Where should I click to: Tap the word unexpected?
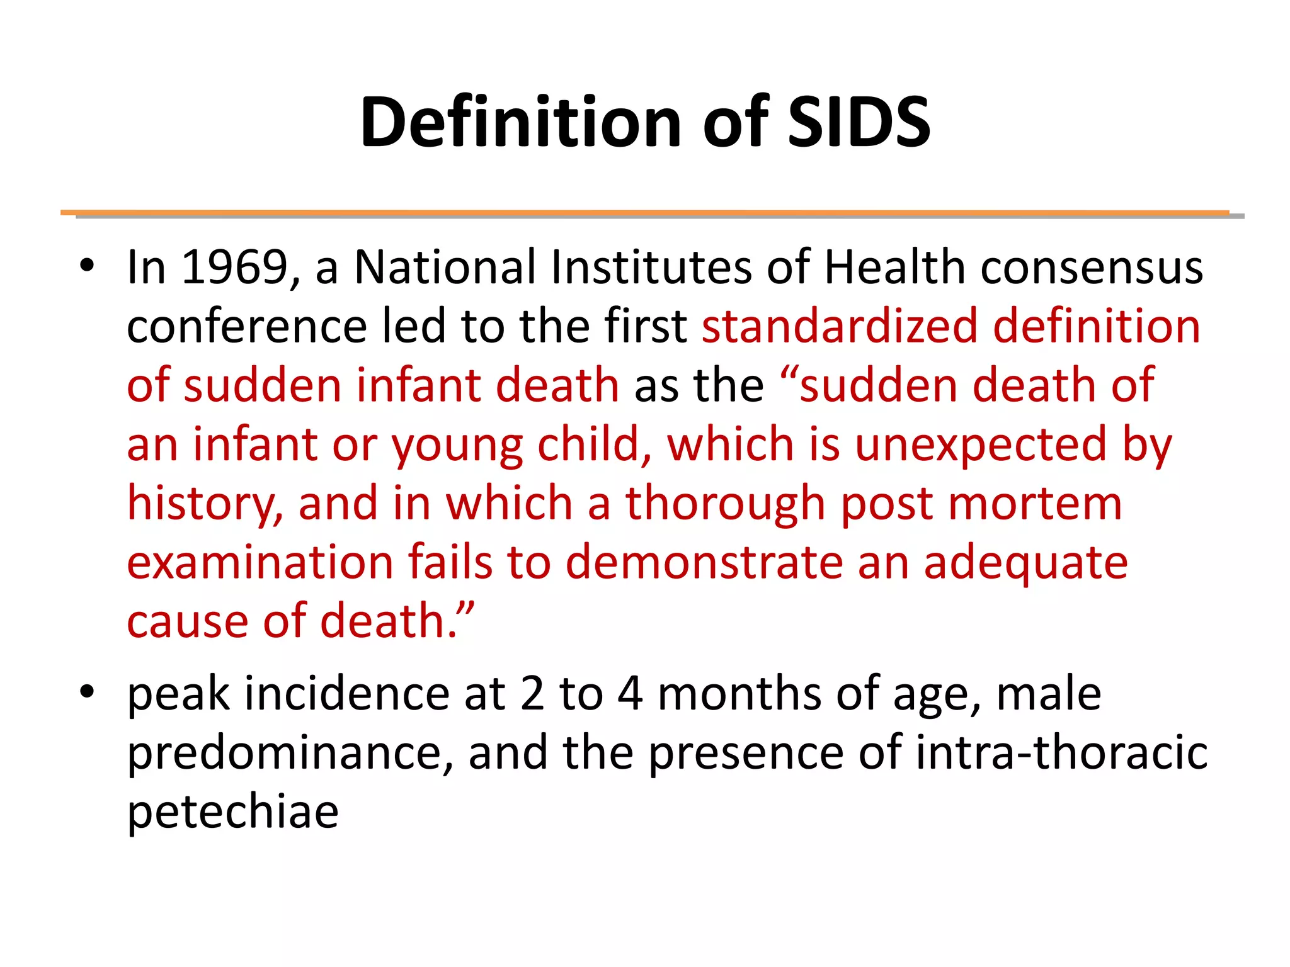(x=980, y=444)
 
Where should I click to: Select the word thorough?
(x=725, y=504)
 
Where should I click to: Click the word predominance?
(x=290, y=753)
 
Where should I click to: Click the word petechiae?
(x=233, y=812)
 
